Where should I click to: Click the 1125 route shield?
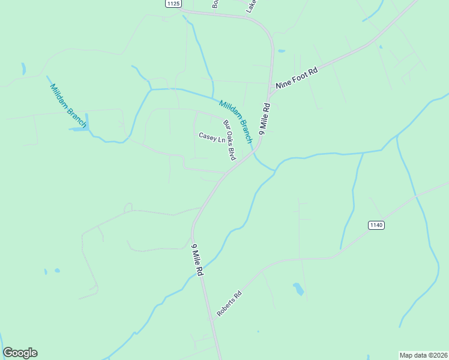pyautogui.click(x=173, y=4)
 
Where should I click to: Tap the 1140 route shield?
pyautogui.click(x=376, y=225)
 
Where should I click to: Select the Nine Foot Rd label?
pyautogui.click(x=296, y=79)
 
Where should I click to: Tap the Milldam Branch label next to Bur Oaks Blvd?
pyautogui.click(x=235, y=121)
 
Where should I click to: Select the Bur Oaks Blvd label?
pyautogui.click(x=229, y=140)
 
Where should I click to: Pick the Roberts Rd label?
pyautogui.click(x=229, y=304)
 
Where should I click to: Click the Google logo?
pyautogui.click(x=20, y=353)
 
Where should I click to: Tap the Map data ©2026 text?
pyautogui.click(x=423, y=355)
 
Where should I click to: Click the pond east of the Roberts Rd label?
pyautogui.click(x=298, y=289)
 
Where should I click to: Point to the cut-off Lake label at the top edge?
pyautogui.click(x=252, y=6)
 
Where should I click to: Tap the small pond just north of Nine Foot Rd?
pyautogui.click(x=282, y=51)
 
